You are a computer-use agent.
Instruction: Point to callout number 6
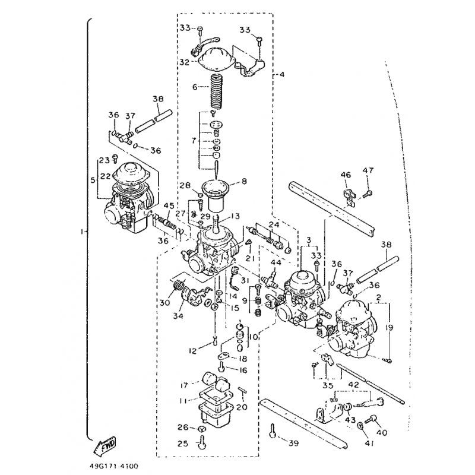click(x=194, y=86)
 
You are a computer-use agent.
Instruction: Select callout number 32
click(x=184, y=61)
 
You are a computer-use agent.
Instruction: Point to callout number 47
click(x=368, y=170)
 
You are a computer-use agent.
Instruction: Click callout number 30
click(x=164, y=302)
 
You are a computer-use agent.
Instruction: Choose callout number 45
click(x=169, y=206)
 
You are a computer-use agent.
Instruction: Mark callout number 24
click(x=274, y=224)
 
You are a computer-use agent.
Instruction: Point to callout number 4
click(x=282, y=75)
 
